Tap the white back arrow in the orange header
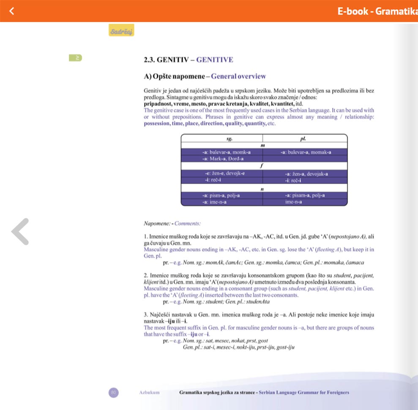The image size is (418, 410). pos(12,11)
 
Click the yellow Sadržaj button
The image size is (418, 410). pos(121,30)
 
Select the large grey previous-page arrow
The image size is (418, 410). pos(20,231)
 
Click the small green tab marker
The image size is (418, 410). pos(76,57)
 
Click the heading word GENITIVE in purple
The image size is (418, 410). pos(215,60)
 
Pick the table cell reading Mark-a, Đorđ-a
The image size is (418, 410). pos(222,159)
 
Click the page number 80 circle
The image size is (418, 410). pos(113,392)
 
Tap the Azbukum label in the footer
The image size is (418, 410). pos(149,393)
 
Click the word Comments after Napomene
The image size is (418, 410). pos(188,223)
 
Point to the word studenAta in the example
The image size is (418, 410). pos(255,302)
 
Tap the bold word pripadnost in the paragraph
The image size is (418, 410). pos(159,104)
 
